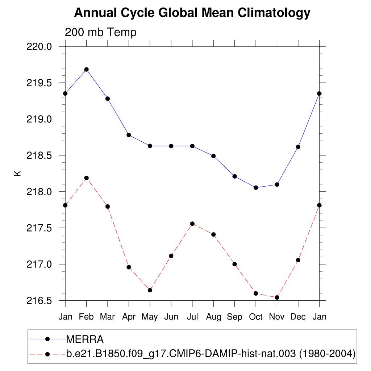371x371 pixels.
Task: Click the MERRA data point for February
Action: tap(86, 69)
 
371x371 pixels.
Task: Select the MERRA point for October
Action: tap(256, 187)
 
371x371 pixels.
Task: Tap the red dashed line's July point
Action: tap(192, 224)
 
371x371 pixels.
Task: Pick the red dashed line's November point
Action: tap(277, 297)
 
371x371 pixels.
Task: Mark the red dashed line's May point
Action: tap(150, 290)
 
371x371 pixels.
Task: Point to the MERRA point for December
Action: tap(298, 147)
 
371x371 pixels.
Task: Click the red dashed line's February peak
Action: tap(86, 178)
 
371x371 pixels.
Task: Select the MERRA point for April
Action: tap(129, 135)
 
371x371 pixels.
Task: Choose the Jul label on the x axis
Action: tap(192, 317)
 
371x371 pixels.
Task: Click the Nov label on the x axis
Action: tap(277, 317)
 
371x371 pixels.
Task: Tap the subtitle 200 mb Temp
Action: tap(101, 33)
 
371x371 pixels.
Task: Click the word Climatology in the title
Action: tap(274, 13)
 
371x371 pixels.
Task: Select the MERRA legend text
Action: tap(85, 339)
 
